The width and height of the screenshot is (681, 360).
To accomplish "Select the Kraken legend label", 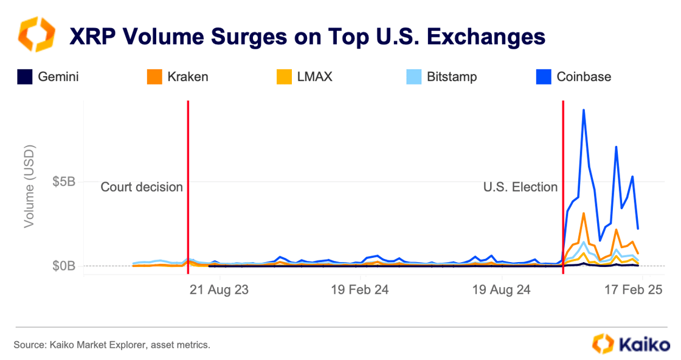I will pos(187,77).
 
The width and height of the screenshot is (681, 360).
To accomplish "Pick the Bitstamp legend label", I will pos(451,77).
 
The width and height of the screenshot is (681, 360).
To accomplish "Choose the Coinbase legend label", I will pos(584,77).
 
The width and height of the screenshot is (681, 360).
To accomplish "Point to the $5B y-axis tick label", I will pos(64,182).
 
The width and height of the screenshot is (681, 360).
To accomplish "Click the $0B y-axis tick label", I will pos(64,266).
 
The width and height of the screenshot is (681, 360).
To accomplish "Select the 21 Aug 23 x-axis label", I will pos(219,289).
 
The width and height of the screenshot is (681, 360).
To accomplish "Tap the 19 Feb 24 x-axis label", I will pos(360,289).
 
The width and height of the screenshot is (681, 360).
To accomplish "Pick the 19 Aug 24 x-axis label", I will pos(502,289).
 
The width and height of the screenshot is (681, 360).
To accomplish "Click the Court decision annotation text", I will pos(142,187).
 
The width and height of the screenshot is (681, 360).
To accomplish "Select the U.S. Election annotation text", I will pos(520,187).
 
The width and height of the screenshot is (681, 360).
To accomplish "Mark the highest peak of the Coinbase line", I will pos(584,110).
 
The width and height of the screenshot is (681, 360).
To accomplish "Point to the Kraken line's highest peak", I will pos(584,213).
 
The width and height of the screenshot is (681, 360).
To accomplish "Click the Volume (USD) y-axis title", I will pos(29,186).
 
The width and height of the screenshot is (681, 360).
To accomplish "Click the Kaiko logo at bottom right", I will pos(631,344).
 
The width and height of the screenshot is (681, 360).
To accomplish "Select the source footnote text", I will pos(112,345).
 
